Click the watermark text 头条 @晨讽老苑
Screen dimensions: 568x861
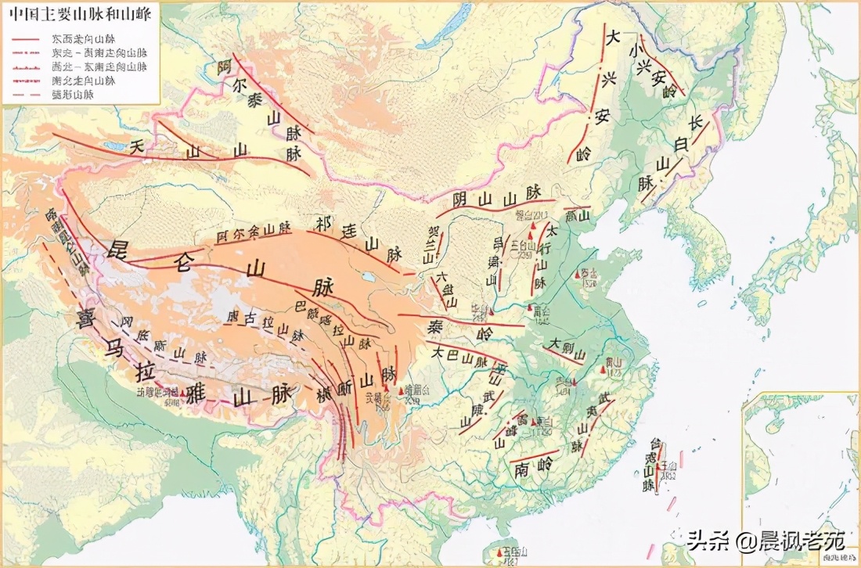click(x=767, y=540)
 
